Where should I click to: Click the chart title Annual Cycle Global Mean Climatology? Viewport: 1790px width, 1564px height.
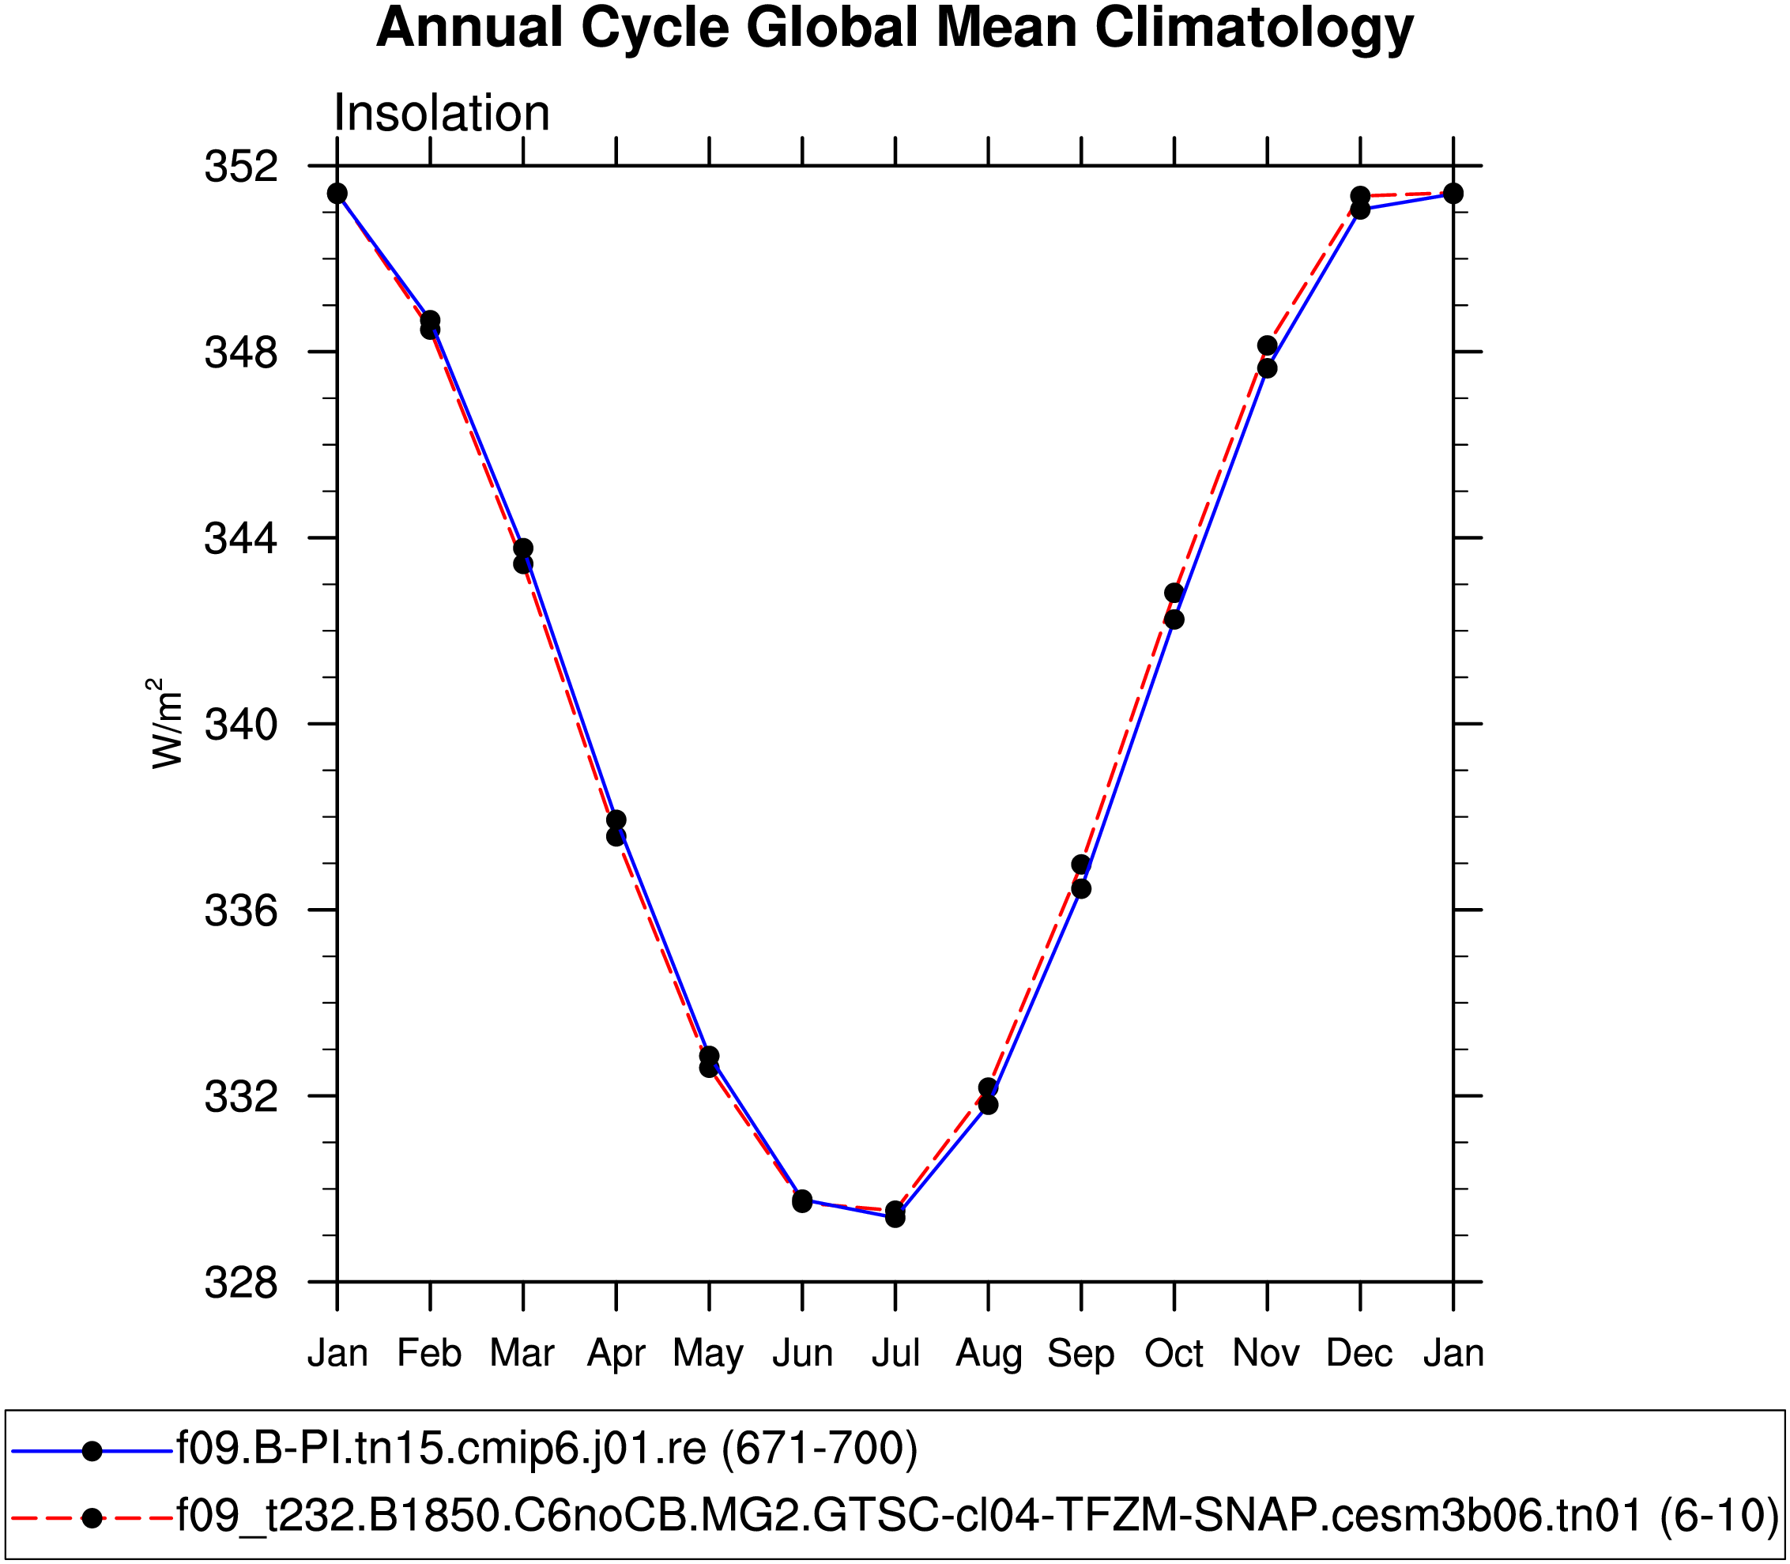pyautogui.click(x=895, y=28)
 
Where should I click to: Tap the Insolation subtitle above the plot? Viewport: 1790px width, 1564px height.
pyautogui.click(x=442, y=114)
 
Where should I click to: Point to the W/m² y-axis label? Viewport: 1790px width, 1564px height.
pyautogui.click(x=166, y=724)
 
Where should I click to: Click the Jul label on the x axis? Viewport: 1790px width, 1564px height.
pyautogui.click(x=895, y=1354)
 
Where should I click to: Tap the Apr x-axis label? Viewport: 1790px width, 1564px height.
pyautogui.click(x=616, y=1354)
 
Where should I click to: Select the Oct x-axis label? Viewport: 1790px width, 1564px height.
pyautogui.click(x=1174, y=1354)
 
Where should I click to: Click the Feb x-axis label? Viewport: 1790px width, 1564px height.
pyautogui.click(x=429, y=1354)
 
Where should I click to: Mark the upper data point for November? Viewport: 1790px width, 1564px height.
pyautogui.click(x=1268, y=345)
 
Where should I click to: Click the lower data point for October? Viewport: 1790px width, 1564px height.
pyautogui.click(x=1174, y=620)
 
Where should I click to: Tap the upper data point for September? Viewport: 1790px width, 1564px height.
pyautogui.click(x=1081, y=864)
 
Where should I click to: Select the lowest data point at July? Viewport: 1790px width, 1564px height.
pyautogui.click(x=895, y=1218)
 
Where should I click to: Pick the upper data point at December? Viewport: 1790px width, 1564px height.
pyautogui.click(x=1360, y=195)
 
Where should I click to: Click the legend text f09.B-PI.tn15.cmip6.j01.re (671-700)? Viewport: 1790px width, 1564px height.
pyautogui.click(x=547, y=1449)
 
